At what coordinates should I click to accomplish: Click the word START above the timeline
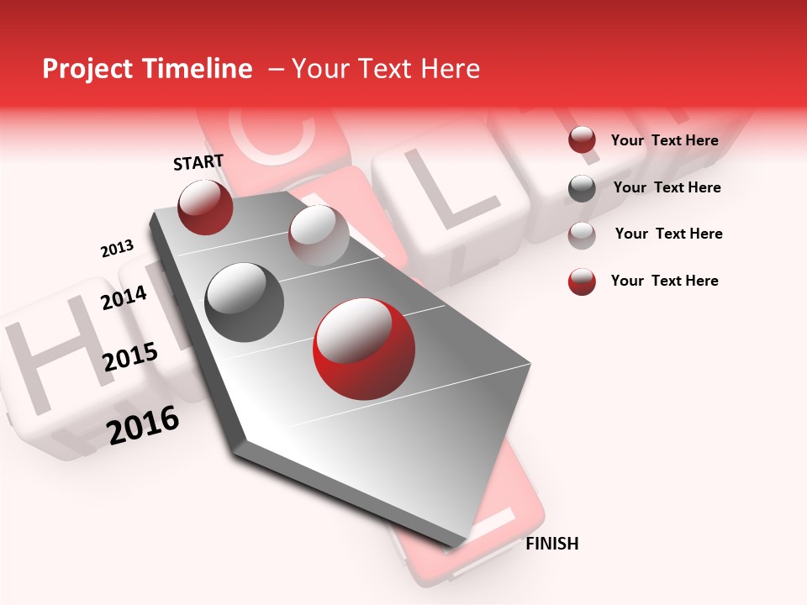pyautogui.click(x=198, y=162)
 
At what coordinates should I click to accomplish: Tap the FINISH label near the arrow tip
pyautogui.click(x=551, y=544)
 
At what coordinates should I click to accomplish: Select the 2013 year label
pyautogui.click(x=117, y=249)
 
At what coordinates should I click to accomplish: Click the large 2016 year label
pyautogui.click(x=143, y=425)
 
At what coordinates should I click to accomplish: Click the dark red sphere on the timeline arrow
pyautogui.click(x=205, y=208)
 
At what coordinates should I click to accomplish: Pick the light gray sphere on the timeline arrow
pyautogui.click(x=319, y=235)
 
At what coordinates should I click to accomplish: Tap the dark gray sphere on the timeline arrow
pyautogui.click(x=245, y=302)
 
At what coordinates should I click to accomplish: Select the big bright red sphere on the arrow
pyautogui.click(x=363, y=350)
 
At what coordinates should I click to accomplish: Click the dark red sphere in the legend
pyautogui.click(x=582, y=140)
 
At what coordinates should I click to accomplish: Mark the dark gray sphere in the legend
pyautogui.click(x=582, y=188)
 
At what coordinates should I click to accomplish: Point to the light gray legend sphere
pyautogui.click(x=582, y=234)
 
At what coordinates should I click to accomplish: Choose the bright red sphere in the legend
pyautogui.click(x=582, y=281)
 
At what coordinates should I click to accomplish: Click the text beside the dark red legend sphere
pyautogui.click(x=664, y=140)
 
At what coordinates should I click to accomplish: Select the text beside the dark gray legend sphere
pyautogui.click(x=667, y=187)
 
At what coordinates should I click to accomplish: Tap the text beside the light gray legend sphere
pyautogui.click(x=668, y=234)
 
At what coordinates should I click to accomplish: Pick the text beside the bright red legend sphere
pyautogui.click(x=664, y=281)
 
